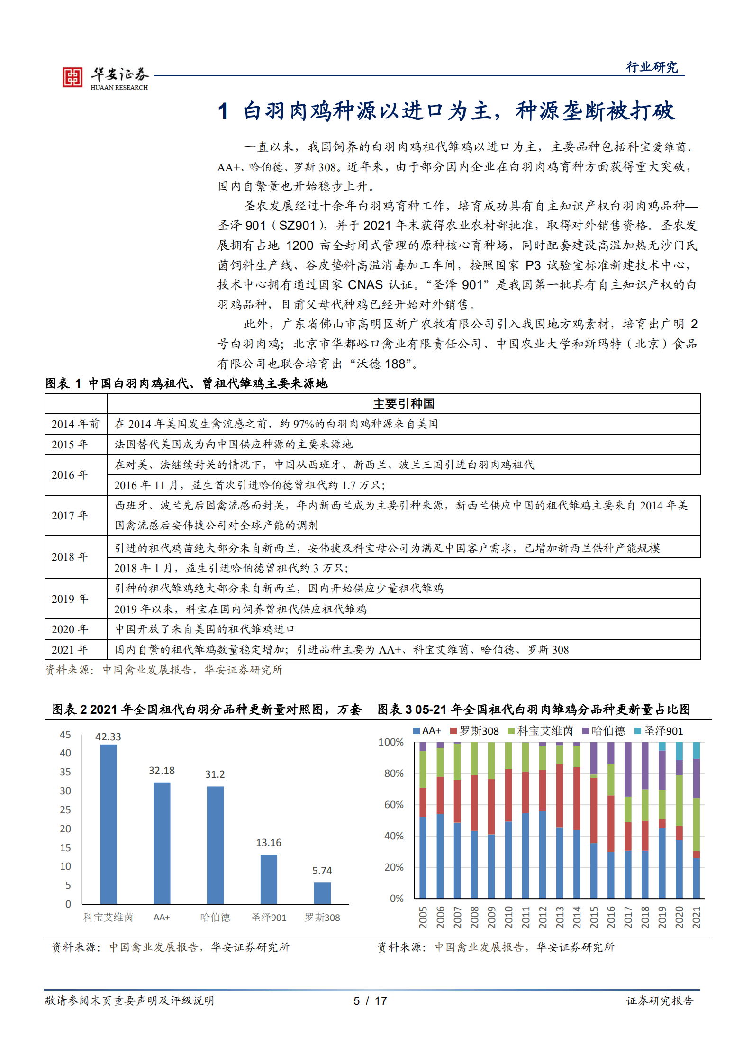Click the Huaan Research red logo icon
coord(72,77)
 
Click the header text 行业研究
coord(652,67)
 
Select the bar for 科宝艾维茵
coord(109,824)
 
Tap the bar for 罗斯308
coord(322,893)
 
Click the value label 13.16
coord(269,842)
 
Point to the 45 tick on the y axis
coord(65,735)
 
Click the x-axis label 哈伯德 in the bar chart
coord(215,917)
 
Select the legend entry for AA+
coord(427,731)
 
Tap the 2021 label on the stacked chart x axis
coord(696,917)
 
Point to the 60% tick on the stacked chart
coord(393,804)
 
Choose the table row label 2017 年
coord(70,515)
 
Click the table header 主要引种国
coord(404,403)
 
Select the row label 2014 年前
coord(75,424)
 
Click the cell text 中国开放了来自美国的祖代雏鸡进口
coord(205,629)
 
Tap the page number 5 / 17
coord(370,1000)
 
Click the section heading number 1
coord(223,111)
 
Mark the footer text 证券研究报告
coord(660,1000)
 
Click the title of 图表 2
coord(207,709)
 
